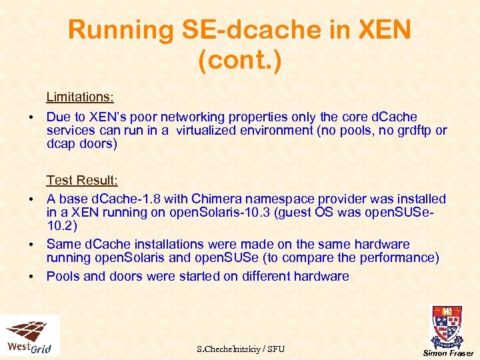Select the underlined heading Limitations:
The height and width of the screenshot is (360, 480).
80,97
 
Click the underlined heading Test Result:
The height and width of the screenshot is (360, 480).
82,180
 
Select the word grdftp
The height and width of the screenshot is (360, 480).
411,131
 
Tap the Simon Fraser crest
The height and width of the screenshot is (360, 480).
447,327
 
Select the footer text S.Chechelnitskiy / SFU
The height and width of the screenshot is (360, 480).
241,349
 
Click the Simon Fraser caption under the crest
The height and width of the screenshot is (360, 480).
448,353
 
